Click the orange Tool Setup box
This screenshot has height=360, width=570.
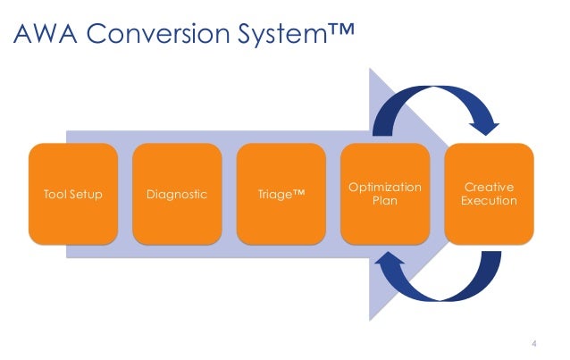pyautogui.click(x=72, y=193)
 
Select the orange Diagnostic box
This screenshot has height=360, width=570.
pyautogui.click(x=176, y=193)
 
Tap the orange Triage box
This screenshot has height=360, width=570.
pyautogui.click(x=281, y=193)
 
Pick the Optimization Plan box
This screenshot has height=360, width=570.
pyautogui.click(x=384, y=193)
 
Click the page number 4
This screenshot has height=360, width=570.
pyautogui.click(x=534, y=342)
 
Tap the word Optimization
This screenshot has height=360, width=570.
pyautogui.click(x=384, y=187)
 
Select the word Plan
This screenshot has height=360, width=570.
pyautogui.click(x=384, y=201)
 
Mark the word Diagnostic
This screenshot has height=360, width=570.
pyautogui.click(x=176, y=194)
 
